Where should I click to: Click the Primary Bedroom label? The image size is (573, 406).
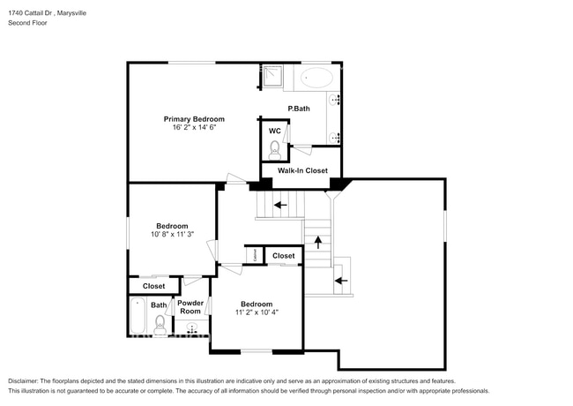[x=194, y=118]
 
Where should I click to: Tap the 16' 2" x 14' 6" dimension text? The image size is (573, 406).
[x=194, y=128]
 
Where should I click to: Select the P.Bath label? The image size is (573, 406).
[x=299, y=109]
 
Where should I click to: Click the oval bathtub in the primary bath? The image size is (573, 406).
[x=316, y=78]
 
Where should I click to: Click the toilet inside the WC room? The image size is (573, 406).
[x=274, y=148]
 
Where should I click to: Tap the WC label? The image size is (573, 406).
[x=274, y=131]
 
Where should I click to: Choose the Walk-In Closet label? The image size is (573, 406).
[x=302, y=170]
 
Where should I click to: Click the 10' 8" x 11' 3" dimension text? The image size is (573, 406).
[x=172, y=235]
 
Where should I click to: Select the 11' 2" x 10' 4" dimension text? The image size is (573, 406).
[x=257, y=312]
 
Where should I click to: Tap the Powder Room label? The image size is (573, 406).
[x=191, y=308]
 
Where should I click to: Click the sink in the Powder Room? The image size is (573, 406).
[x=191, y=328]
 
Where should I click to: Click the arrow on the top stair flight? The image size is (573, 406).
[x=280, y=205]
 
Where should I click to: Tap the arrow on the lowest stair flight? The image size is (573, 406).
[x=341, y=281]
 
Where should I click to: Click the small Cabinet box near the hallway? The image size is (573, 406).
[x=254, y=255]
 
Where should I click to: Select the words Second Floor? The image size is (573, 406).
[x=27, y=23]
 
